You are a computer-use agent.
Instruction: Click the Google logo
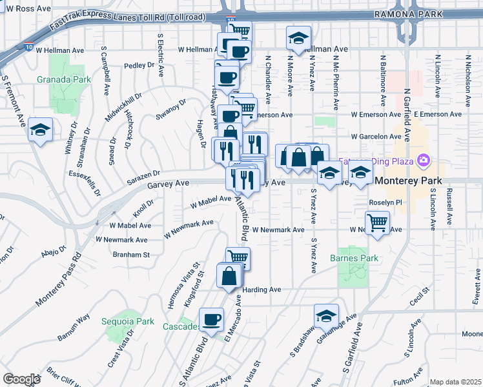21,379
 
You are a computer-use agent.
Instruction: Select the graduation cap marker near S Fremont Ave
40,130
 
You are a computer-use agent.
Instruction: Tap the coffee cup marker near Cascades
211,319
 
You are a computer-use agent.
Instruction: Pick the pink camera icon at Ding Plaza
424,160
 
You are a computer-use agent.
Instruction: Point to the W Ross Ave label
26,8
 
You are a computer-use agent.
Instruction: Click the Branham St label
131,255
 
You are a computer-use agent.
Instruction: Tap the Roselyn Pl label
385,202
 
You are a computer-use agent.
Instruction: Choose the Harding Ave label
263,290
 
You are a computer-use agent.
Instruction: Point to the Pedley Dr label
141,65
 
